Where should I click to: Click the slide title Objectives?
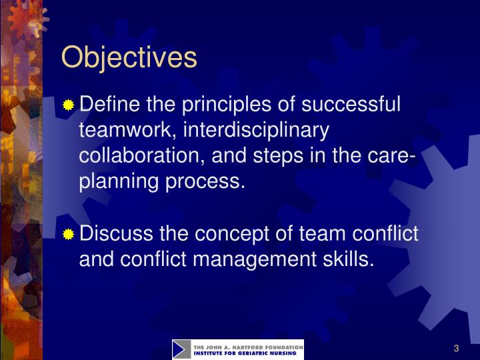(x=129, y=57)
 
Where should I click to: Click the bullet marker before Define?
(x=69, y=105)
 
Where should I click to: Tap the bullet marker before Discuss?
(x=69, y=235)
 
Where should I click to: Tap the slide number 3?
(x=457, y=349)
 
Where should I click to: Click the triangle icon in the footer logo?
(x=181, y=349)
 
